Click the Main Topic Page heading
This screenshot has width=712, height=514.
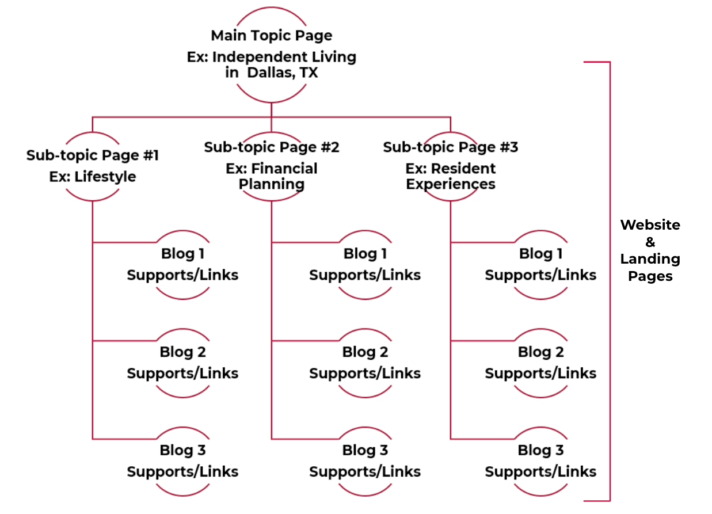tap(271, 36)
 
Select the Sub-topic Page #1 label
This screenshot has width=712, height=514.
tap(92, 155)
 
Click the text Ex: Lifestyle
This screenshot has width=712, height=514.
tap(92, 177)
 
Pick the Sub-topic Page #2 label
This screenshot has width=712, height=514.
tap(272, 147)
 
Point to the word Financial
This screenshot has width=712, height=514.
tap(284, 169)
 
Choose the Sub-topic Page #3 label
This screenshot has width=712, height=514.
tap(451, 147)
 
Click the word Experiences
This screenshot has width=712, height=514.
tap(451, 184)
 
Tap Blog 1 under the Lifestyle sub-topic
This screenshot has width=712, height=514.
tap(182, 254)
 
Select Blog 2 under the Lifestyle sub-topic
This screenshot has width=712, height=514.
tap(182, 352)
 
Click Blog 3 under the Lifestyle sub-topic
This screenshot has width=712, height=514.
tap(182, 450)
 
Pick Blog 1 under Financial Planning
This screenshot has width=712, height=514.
tap(365, 254)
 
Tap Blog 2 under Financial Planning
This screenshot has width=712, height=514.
tap(365, 352)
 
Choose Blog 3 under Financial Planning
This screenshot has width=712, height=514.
tap(365, 450)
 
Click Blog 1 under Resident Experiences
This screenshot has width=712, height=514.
tap(540, 254)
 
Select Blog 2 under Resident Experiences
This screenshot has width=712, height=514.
tap(540, 352)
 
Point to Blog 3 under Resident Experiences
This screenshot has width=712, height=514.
tap(540, 450)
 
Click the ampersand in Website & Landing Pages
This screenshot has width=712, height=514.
tap(650, 242)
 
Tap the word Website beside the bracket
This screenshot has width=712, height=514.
tap(650, 225)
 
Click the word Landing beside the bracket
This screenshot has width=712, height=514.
tap(650, 260)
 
